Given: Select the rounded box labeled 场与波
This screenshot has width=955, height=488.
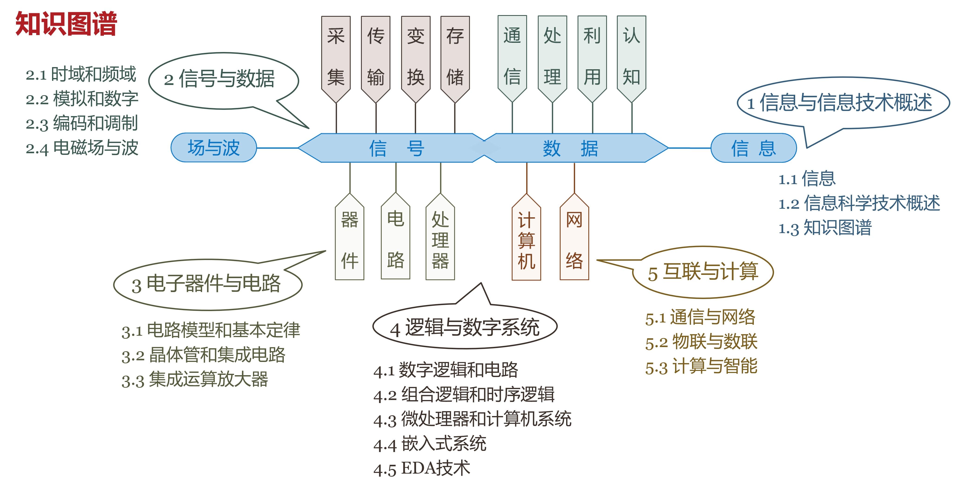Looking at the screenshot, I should [213, 147].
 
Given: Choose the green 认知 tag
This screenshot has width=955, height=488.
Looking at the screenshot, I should [631, 55].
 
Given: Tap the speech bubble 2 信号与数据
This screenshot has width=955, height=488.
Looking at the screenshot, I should [223, 79].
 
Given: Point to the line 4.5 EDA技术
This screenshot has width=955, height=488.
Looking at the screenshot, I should [422, 468].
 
